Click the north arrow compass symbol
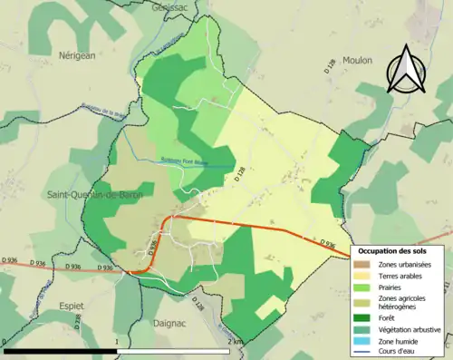coord(403,70)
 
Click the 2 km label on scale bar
coord(236,341)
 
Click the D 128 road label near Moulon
coord(330,67)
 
